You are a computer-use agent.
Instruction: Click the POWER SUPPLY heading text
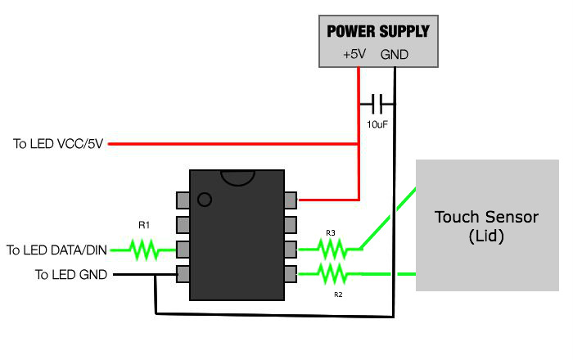pos(377,32)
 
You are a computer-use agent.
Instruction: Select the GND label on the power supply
pos(394,55)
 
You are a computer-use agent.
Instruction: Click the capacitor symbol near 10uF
pos(377,104)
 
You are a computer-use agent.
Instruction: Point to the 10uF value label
pos(377,125)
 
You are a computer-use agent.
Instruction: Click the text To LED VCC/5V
pos(57,144)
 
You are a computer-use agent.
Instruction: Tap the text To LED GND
pos(70,275)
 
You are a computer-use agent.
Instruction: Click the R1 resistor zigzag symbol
pos(145,249)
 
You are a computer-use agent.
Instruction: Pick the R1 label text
pos(144,223)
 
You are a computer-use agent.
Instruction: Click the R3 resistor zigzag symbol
pos(331,247)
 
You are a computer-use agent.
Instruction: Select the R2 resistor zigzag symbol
pos(331,272)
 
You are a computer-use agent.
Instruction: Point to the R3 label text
pos(331,233)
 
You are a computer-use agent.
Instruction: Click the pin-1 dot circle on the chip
pos(205,199)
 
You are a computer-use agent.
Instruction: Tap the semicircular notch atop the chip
pos(237,176)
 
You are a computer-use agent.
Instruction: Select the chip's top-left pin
pos(183,199)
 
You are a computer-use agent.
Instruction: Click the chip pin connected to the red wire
pos(291,199)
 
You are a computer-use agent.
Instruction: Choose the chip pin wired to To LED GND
pos(183,273)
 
